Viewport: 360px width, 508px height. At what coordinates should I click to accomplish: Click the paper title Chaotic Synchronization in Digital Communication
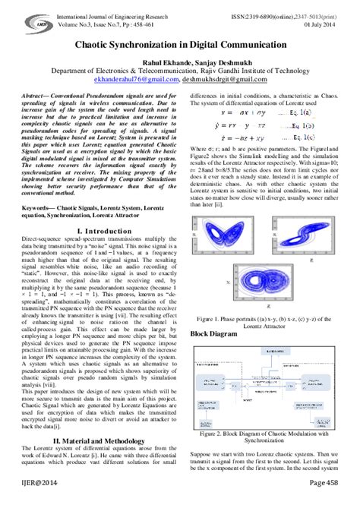[x=179, y=46]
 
